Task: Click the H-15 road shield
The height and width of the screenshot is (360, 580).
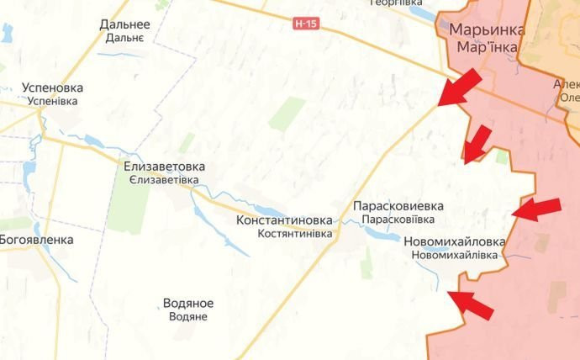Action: click(x=307, y=24)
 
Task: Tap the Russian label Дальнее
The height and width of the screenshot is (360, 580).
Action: click(x=124, y=24)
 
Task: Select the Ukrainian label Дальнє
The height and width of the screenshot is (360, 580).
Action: click(x=124, y=38)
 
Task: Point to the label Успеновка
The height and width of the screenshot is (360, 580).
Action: click(x=52, y=87)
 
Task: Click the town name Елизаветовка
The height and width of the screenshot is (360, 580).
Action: click(x=164, y=167)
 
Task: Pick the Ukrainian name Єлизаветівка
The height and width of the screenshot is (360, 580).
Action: click(x=164, y=180)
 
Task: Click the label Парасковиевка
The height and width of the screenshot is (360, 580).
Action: click(x=398, y=205)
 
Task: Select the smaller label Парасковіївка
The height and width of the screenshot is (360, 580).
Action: click(x=398, y=219)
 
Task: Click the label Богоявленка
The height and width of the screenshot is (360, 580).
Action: click(x=36, y=240)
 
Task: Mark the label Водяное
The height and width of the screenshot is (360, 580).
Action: click(x=188, y=303)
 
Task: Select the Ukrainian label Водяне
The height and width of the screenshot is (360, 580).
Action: click(x=188, y=316)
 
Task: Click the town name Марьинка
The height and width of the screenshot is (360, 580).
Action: click(x=487, y=29)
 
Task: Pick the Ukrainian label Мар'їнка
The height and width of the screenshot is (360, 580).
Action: click(x=487, y=46)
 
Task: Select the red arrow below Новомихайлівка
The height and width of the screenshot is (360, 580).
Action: click(x=470, y=304)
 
